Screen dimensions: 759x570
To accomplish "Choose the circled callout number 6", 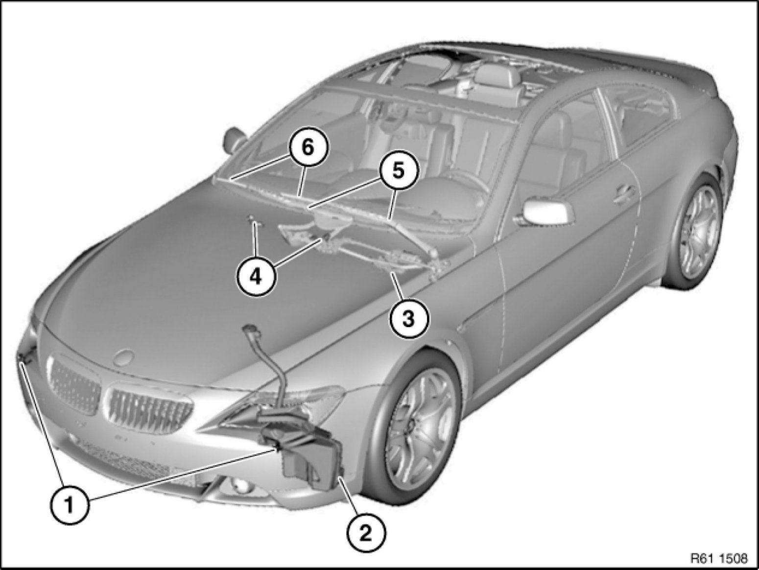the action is pyautogui.click(x=308, y=148).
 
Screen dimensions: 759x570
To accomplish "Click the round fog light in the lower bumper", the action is pyautogui.click(x=239, y=487).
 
